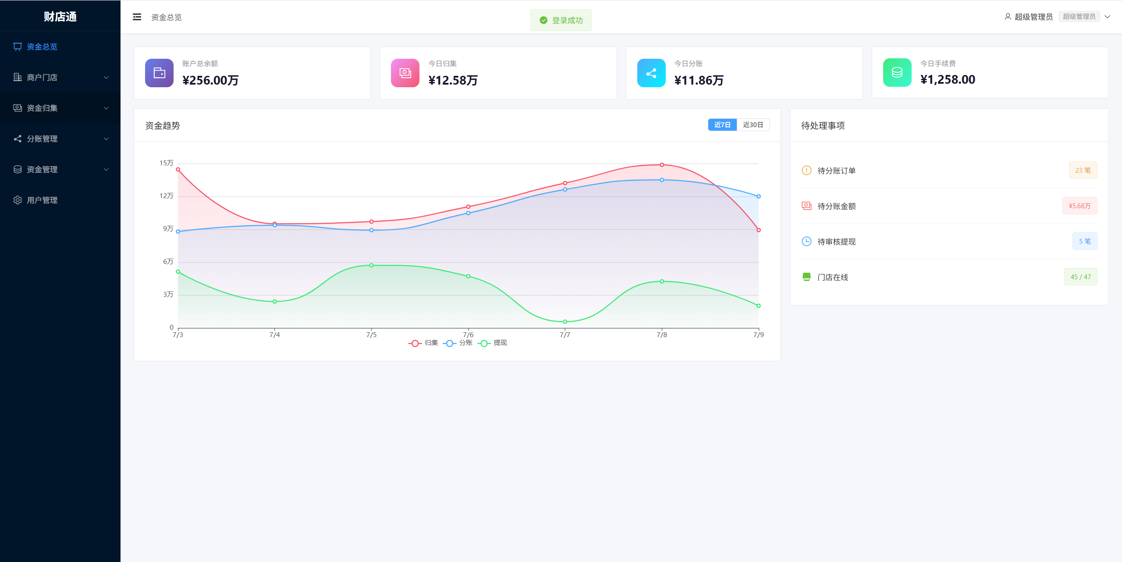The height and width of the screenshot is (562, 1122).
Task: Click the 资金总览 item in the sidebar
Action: [42, 46]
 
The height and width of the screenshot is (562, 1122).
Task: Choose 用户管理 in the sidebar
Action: [42, 200]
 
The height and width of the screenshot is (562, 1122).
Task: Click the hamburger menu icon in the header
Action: [137, 17]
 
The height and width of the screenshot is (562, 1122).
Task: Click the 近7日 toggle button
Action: [722, 125]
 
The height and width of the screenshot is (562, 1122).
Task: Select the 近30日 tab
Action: [753, 125]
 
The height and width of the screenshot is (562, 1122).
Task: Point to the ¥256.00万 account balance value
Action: [210, 80]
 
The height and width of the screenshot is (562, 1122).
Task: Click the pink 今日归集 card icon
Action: [405, 73]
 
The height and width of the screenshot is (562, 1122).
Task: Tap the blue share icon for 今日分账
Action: [651, 73]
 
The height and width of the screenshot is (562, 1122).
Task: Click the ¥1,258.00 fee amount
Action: [948, 79]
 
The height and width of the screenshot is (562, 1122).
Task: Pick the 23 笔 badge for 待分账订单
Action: [1083, 170]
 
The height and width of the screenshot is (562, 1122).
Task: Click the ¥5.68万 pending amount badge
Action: [1079, 206]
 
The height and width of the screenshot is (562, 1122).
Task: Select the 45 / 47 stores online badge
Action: [1081, 277]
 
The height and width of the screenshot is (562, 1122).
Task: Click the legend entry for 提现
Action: [493, 343]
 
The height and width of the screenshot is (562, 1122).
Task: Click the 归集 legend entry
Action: [423, 343]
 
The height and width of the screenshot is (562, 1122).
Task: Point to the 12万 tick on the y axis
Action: [166, 196]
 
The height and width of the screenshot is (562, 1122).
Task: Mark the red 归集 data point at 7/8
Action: [662, 165]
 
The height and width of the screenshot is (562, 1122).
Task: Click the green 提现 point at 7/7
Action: [565, 322]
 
